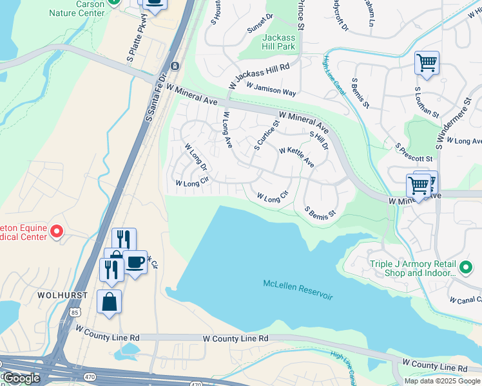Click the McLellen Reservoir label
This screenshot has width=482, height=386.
coord(298,289)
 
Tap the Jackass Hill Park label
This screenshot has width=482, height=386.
coord(278,42)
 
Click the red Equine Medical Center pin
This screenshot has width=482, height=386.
coord(57,230)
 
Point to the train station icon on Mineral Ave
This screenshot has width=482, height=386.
coord(175,66)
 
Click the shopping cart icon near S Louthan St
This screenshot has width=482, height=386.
coord(427,63)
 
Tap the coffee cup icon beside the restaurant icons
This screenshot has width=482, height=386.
coord(135,262)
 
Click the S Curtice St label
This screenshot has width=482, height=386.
coord(266,136)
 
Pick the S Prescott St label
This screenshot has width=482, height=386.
coord(414,152)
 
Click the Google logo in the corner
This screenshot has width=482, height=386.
coord(21,378)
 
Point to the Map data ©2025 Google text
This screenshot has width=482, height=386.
coord(442,381)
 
